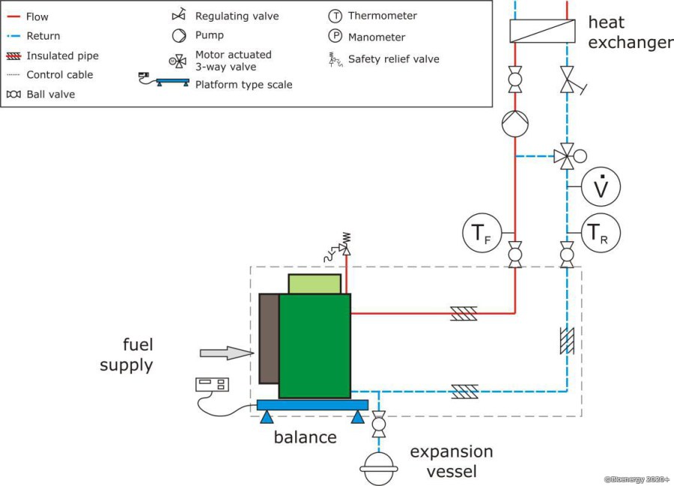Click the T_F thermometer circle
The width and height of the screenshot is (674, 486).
pos(482,232)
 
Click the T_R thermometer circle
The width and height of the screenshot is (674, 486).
pos(601,232)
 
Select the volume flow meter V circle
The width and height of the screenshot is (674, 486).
pos(601,187)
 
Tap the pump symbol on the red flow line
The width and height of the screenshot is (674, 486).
pos(515,124)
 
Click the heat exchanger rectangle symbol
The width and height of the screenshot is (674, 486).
pos(542,31)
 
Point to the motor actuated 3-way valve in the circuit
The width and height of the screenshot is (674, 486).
pos(570,156)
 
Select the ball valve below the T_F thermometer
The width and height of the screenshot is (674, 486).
pos(515,255)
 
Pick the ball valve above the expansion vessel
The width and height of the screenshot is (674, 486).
pos(379,424)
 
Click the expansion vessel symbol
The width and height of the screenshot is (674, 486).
pos(379,469)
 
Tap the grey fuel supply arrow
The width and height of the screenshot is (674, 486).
pos(227,353)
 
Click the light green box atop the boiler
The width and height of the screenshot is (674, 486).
pos(315,284)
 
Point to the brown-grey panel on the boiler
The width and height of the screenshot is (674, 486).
pos(269,338)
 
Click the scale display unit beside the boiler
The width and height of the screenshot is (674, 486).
pos(212,385)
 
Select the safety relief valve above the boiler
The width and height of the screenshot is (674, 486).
pos(338,247)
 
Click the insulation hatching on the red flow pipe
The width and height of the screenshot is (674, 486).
pos(464,313)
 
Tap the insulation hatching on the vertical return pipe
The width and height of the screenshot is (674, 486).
pos(567,341)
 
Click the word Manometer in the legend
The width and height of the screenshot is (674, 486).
pos(377,37)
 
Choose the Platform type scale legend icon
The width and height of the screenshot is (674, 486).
pos(164,79)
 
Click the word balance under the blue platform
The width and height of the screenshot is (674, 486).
pos(306,437)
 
